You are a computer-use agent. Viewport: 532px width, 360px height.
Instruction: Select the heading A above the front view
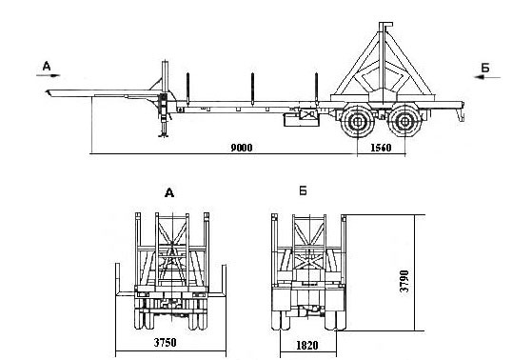[168, 192]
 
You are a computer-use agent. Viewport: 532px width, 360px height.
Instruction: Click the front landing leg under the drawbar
[165, 122]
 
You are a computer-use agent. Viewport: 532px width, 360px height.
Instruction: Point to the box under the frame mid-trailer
[304, 118]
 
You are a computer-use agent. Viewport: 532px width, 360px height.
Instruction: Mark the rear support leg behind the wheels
[460, 115]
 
